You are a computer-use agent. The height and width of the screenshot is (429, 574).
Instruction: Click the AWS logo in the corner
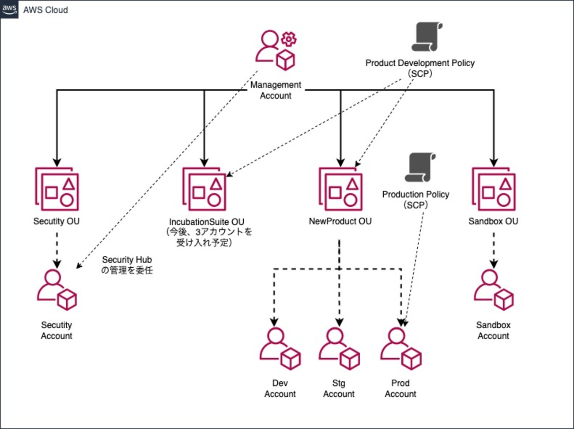pos(9,9)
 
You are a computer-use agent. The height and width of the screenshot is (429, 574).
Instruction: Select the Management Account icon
pos(276,50)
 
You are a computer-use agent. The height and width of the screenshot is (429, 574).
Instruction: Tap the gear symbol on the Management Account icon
pos(289,39)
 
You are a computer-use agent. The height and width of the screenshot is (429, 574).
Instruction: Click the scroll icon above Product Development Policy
pos(427,38)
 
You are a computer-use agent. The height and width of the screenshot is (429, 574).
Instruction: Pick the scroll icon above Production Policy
pos(420,167)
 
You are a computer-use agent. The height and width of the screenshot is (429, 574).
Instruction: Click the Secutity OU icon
pos(57,189)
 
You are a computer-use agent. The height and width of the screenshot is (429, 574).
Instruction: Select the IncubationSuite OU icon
pos(204,189)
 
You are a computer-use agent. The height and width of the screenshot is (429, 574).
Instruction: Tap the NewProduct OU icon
pos(340,189)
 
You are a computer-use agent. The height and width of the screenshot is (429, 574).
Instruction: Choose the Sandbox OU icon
pos(494,189)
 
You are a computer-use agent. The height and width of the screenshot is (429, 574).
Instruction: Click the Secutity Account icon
pos(57,290)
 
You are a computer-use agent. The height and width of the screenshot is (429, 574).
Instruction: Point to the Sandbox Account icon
pos(493,290)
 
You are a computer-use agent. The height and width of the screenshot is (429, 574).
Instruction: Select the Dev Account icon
pos(280,349)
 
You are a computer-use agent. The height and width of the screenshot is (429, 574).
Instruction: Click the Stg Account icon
pos(339,349)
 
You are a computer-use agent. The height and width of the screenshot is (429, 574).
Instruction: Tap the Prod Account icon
pos(400,349)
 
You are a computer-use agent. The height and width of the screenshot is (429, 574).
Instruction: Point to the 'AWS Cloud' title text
pos(45,10)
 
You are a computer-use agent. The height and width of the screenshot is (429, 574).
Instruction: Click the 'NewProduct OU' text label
pos(340,221)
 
